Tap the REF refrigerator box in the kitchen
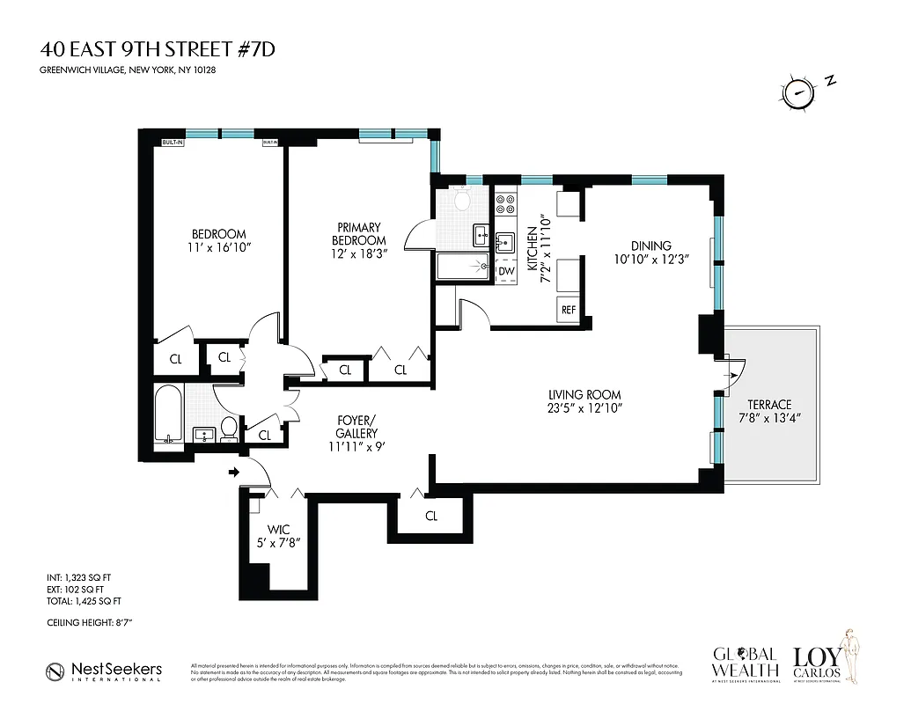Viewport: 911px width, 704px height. pos(568,310)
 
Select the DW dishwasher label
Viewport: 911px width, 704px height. pos(506,271)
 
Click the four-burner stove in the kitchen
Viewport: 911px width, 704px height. pos(506,205)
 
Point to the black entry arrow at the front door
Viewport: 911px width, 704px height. pos(234,473)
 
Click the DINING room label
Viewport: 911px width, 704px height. pos(650,246)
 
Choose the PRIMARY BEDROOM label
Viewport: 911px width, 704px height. pos(358,234)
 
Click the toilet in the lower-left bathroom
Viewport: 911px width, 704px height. pos(228,429)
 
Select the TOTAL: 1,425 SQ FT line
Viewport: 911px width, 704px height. pos(84,601)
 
